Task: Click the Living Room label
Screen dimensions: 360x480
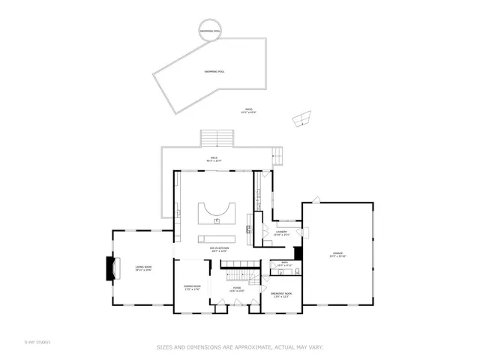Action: [143, 268]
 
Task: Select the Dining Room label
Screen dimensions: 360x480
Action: [192, 287]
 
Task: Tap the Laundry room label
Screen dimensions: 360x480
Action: [282, 233]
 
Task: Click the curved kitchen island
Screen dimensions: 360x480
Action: [217, 214]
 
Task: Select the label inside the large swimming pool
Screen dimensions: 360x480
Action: [214, 71]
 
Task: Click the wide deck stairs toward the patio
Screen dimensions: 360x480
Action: [218, 138]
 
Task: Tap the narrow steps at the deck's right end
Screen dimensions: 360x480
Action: [278, 155]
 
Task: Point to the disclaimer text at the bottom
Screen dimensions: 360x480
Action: [240, 346]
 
